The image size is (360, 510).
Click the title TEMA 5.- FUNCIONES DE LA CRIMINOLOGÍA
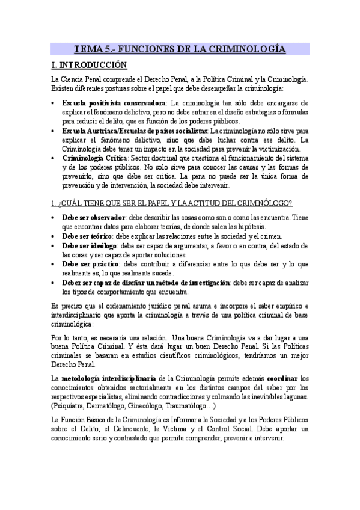point(180,49)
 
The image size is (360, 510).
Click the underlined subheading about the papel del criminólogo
point(172,203)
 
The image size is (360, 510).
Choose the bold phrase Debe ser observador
point(93,217)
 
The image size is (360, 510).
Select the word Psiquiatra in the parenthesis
point(70,406)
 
